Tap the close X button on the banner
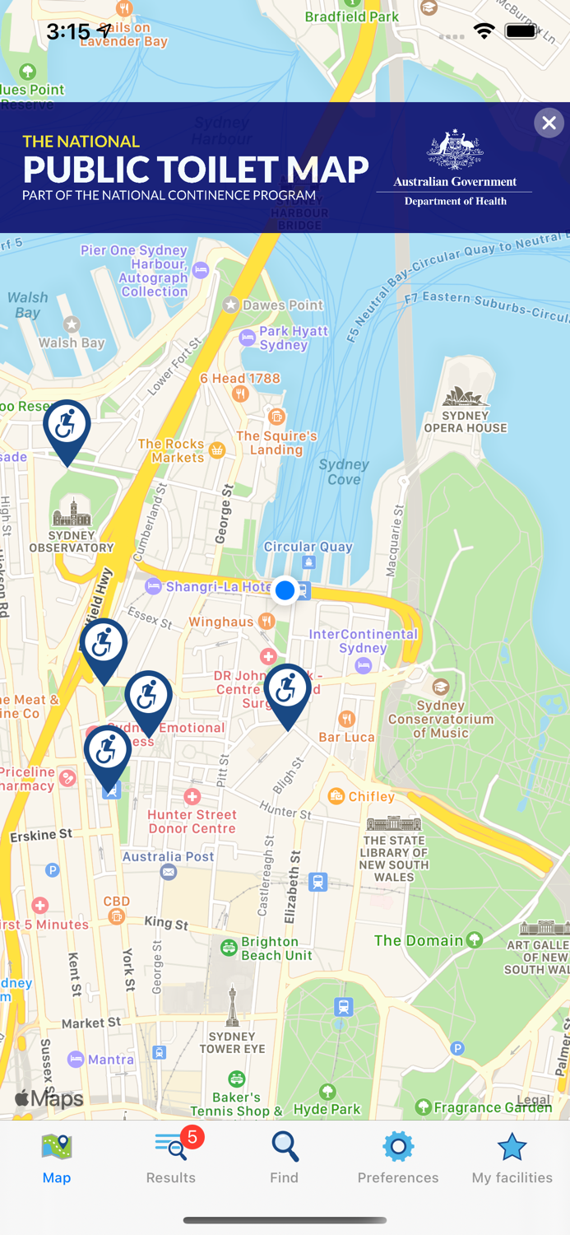pyautogui.click(x=549, y=123)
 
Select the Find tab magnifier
pyautogui.click(x=285, y=1146)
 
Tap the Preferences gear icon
pyautogui.click(x=398, y=1146)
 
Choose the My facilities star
pyautogui.click(x=512, y=1146)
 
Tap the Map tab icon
pyautogui.click(x=57, y=1146)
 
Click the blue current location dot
pyautogui.click(x=285, y=590)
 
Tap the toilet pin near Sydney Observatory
pyautogui.click(x=67, y=426)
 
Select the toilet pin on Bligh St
pyautogui.click(x=287, y=690)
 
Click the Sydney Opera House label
pyautogui.click(x=466, y=422)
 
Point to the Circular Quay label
pyautogui.click(x=308, y=547)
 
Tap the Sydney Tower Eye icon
pyautogui.click(x=233, y=1005)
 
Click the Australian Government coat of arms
pyautogui.click(x=454, y=149)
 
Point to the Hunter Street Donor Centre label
pyautogui.click(x=192, y=822)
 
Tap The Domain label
pyautogui.click(x=419, y=940)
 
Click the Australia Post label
pyautogui.click(x=169, y=856)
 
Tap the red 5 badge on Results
pyautogui.click(x=192, y=1137)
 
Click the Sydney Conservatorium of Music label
pyautogui.click(x=441, y=719)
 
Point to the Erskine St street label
pyautogui.click(x=41, y=835)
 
